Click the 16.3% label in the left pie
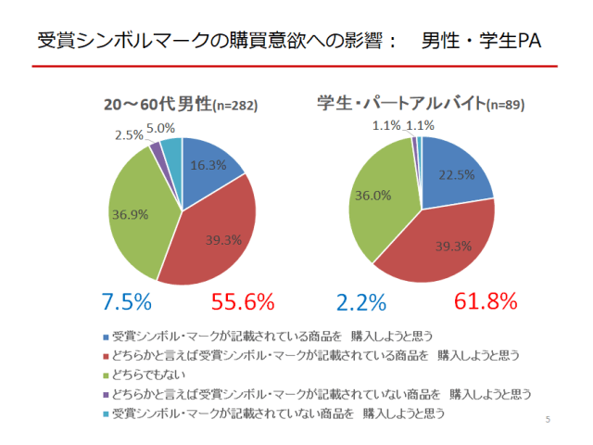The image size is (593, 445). click(x=209, y=166)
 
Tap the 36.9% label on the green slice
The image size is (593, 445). click(x=132, y=214)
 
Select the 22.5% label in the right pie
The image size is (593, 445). click(x=457, y=174)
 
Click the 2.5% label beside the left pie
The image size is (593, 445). click(x=129, y=135)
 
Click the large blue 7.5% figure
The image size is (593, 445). click(x=125, y=302)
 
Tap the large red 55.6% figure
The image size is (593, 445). click(x=243, y=302)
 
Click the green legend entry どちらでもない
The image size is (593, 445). click(x=149, y=375)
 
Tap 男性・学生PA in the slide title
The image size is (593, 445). click(x=481, y=41)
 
